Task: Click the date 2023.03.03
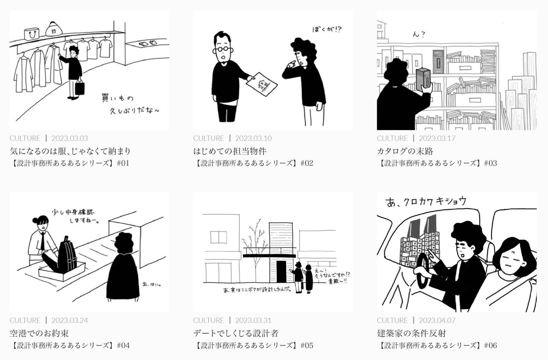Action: click(x=70, y=138)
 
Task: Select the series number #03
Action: click(x=490, y=163)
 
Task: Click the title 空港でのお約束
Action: click(x=39, y=333)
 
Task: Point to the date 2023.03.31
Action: click(x=253, y=321)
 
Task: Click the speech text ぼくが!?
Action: click(x=327, y=30)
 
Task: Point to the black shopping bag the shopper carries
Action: click(x=80, y=88)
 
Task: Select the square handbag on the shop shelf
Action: click(x=32, y=34)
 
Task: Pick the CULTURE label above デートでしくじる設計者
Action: click(x=208, y=321)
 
